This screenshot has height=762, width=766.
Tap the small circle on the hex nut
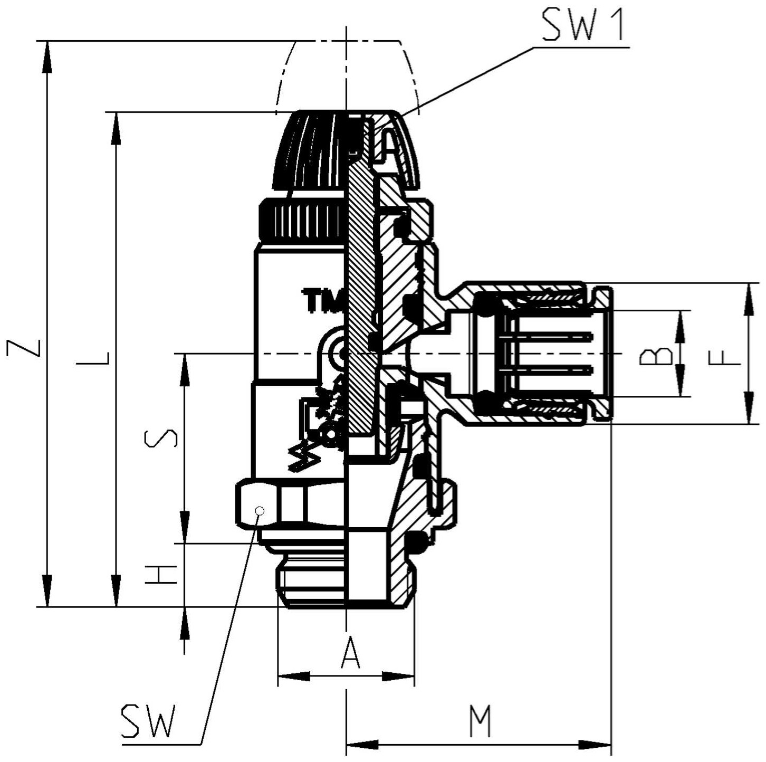pos(260,511)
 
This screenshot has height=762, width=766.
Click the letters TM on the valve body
pos(323,300)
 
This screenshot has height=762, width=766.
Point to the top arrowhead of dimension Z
pos(47,57)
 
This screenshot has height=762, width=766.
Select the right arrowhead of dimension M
pos(594,744)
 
